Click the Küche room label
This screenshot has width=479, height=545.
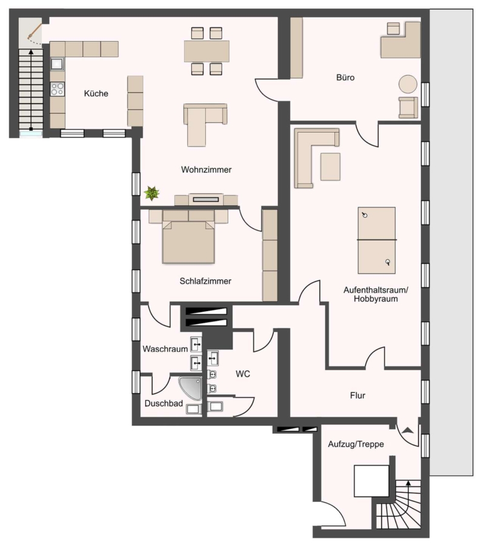coord(96,93)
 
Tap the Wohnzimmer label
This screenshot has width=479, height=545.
coord(206,170)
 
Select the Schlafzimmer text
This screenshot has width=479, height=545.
coord(205,281)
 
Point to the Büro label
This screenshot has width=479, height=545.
coord(345,78)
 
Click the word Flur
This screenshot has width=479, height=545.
coord(357,395)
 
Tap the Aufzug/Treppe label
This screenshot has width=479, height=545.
coord(356,444)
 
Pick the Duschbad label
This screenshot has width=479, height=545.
coord(164,403)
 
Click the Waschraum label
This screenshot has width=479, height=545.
coord(165,349)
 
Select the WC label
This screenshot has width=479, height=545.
coord(243,374)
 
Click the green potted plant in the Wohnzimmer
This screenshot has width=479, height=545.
coord(151,193)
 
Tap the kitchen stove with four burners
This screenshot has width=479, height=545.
coord(58,88)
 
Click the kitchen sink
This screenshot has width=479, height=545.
coord(58,64)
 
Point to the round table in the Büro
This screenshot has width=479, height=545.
coord(408,84)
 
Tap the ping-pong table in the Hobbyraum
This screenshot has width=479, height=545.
coord(377,240)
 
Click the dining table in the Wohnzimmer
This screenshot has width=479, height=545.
coord(206,51)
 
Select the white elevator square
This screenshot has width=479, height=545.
coord(371,481)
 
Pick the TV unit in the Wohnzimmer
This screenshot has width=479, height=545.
coord(206,199)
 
